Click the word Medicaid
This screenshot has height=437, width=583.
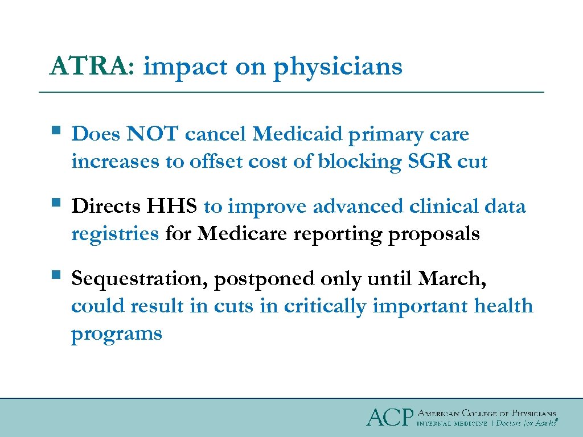297,134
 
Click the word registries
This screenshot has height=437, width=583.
115,233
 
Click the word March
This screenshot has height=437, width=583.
451,279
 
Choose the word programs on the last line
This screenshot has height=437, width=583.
117,333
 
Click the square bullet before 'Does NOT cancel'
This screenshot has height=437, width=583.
55,131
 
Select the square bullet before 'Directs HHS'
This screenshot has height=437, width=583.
55,203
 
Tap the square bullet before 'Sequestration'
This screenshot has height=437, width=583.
55,275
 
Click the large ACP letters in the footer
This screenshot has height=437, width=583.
389,418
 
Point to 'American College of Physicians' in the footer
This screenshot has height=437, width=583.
487,413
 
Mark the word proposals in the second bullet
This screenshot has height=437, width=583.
434,234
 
